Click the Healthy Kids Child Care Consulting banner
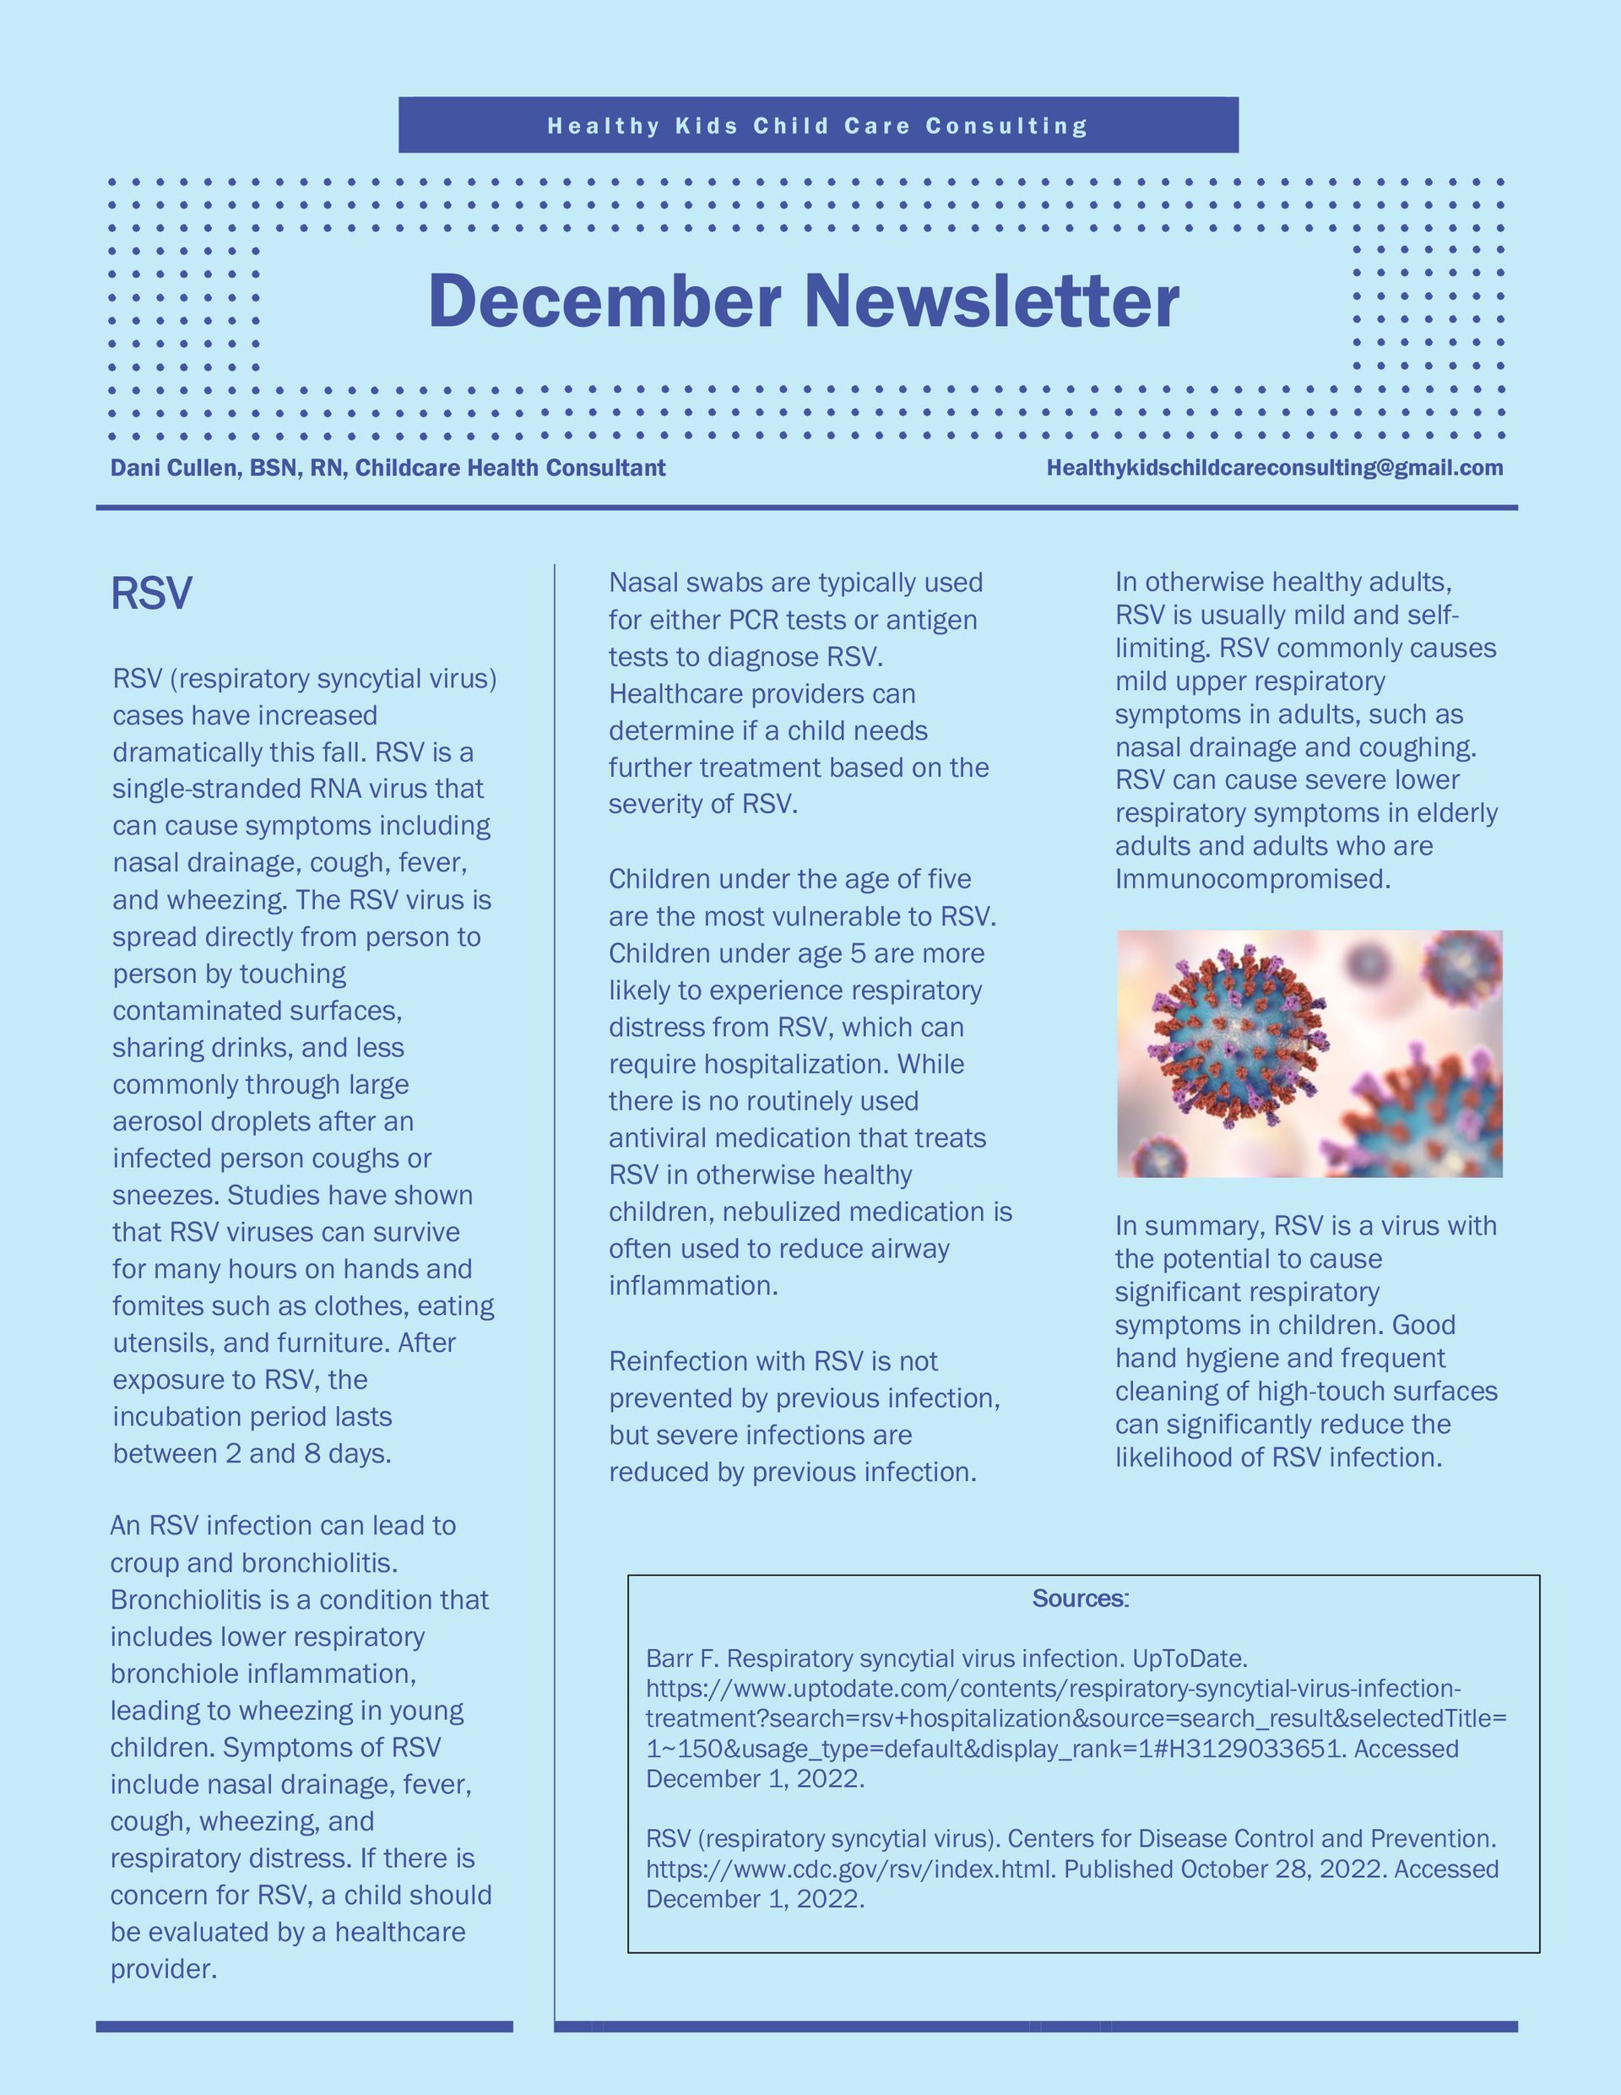(x=817, y=126)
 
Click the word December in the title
(x=604, y=301)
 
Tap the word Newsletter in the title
(x=992, y=301)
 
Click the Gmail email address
(x=1275, y=468)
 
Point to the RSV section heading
(x=152, y=593)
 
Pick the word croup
(x=145, y=1563)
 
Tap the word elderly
(x=1453, y=812)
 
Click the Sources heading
(x=1080, y=1599)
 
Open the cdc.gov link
(x=851, y=1869)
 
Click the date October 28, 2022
(x=1283, y=1869)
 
